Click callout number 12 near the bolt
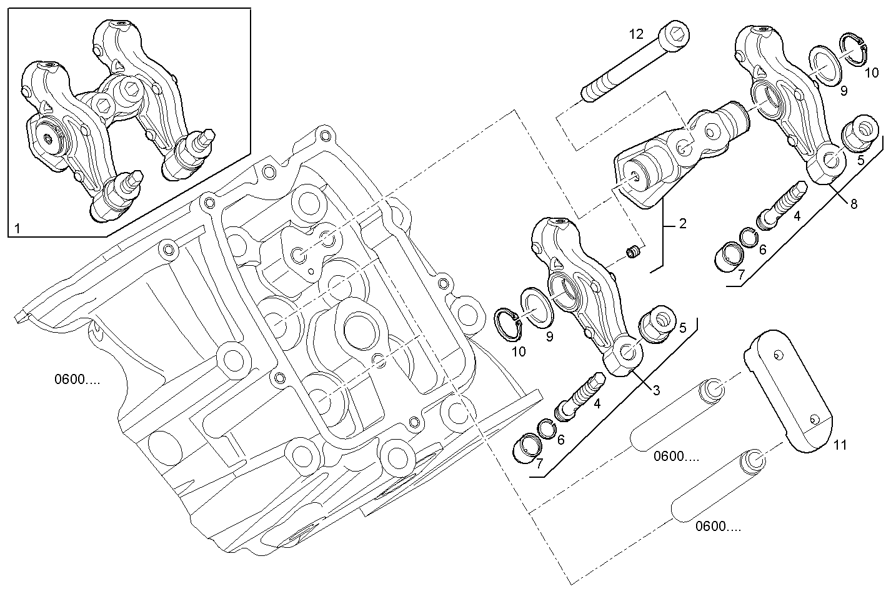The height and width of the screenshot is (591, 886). pos(636,34)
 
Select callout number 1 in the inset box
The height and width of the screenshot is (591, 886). pos(17,230)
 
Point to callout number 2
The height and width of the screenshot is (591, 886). pos(682,223)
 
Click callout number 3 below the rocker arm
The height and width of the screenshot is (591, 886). pos(656,390)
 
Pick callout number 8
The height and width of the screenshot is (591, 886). pos(854,203)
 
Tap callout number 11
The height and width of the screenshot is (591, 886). pos(840,445)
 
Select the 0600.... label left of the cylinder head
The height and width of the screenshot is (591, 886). pos(77,379)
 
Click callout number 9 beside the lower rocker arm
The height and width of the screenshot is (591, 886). pos(549,337)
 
